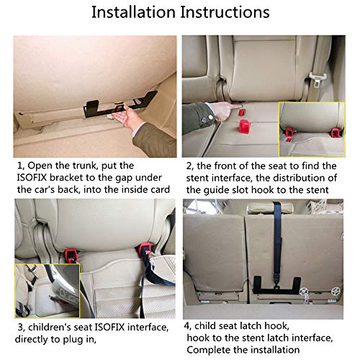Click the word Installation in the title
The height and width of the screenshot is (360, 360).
click(x=133, y=13)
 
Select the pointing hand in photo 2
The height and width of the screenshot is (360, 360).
click(x=209, y=112)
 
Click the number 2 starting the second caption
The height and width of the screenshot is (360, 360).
click(x=186, y=165)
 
